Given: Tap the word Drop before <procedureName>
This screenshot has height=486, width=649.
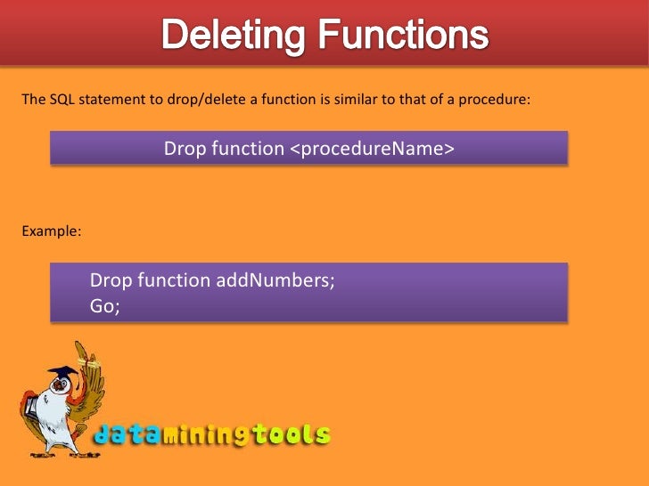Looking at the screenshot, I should (185, 149).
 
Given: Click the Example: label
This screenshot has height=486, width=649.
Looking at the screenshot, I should (52, 231).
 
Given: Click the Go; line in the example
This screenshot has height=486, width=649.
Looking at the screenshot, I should (104, 305).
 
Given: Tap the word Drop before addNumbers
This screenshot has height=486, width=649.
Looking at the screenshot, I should (111, 280).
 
